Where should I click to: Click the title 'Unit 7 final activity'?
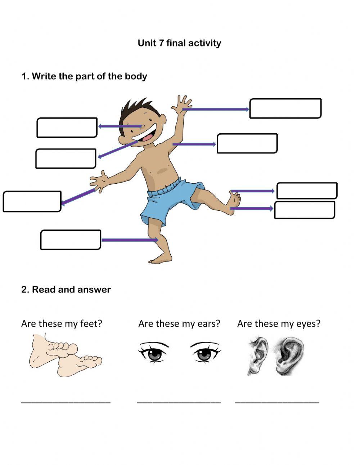click(x=179, y=43)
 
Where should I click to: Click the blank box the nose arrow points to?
click(x=67, y=128)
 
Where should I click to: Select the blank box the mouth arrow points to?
click(x=66, y=158)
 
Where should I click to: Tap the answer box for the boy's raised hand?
click(x=285, y=108)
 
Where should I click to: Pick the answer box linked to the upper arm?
click(x=247, y=143)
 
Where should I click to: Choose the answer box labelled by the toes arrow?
click(x=307, y=191)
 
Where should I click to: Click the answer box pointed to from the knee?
click(x=71, y=240)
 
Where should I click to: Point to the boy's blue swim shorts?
click(x=169, y=202)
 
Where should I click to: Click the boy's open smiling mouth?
click(x=146, y=135)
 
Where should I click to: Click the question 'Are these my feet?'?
click(x=62, y=323)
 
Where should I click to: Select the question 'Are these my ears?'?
click(x=179, y=323)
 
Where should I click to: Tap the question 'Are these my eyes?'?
click(x=279, y=323)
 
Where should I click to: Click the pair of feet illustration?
click(x=65, y=356)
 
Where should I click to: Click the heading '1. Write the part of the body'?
click(x=84, y=76)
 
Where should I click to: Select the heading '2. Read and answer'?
click(x=66, y=290)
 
